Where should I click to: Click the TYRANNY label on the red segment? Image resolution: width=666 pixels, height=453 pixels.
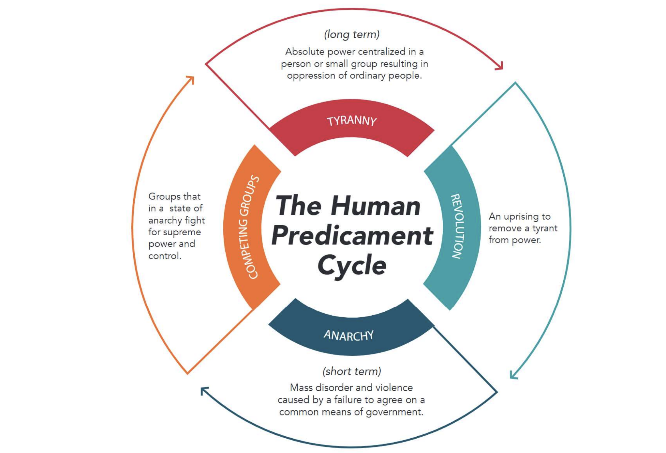pos(351,121)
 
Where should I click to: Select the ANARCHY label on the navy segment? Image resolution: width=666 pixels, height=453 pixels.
pos(348,335)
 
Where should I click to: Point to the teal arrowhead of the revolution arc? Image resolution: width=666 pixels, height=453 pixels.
pos(513,376)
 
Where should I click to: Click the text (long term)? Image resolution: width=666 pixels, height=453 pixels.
pos(351,34)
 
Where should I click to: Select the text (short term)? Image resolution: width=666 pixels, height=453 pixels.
pos(351,371)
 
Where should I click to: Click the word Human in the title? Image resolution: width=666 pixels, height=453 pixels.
pos(376,206)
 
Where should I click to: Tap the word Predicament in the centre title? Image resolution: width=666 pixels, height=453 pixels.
pos(352,235)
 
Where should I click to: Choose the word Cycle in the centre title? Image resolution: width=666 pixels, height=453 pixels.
pos(352,265)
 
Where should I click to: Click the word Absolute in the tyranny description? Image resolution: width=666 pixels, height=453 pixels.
pos(304,52)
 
